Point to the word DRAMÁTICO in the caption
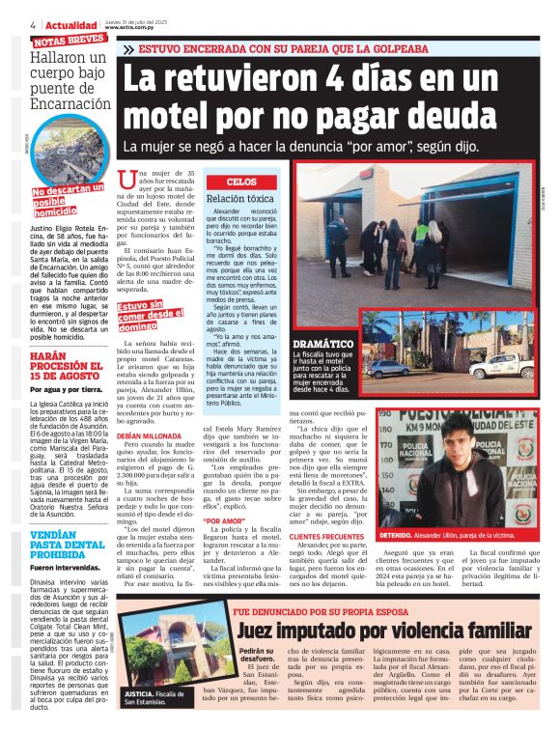pyautogui.click(x=323, y=343)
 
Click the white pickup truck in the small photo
pyautogui.click(x=502, y=365)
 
